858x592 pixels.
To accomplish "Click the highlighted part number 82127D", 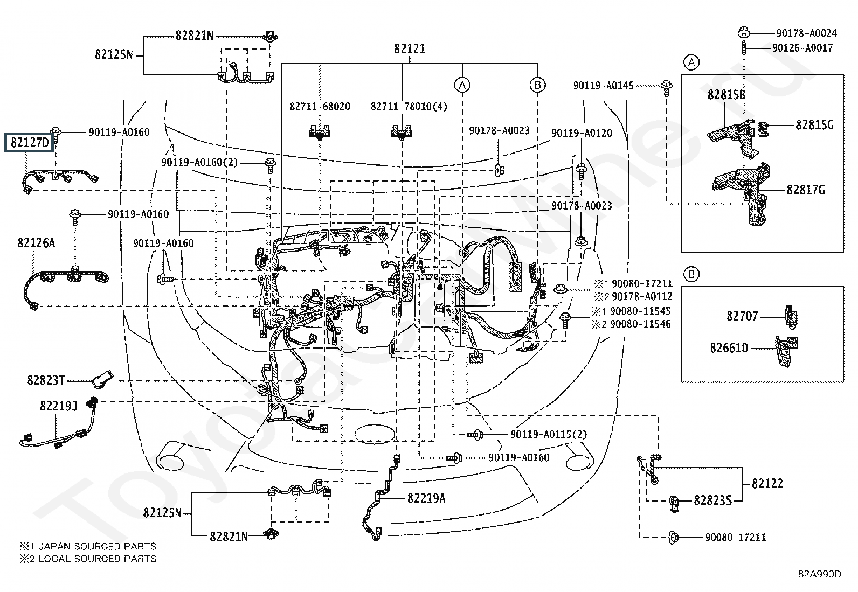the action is (x=30, y=142).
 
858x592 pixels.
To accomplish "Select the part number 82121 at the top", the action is (x=410, y=48).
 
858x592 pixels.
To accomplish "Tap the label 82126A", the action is (x=36, y=242).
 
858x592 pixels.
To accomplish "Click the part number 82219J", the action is (x=59, y=406).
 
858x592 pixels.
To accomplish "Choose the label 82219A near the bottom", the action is (x=426, y=498).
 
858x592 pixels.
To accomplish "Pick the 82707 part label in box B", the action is (x=742, y=316).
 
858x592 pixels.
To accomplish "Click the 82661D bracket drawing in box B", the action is (x=786, y=351).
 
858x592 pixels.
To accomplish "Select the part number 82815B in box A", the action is (x=726, y=94).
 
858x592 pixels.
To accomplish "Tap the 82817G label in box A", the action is (x=806, y=190).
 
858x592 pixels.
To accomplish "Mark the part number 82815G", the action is (x=814, y=125).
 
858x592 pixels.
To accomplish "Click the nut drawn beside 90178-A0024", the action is (x=743, y=32).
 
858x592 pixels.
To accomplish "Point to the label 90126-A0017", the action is (x=802, y=48).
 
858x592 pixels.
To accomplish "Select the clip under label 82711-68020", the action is (x=320, y=132).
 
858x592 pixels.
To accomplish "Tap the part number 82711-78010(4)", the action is (x=409, y=106).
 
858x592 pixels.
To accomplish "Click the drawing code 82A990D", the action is (x=820, y=574).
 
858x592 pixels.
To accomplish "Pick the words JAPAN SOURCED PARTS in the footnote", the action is (x=98, y=546).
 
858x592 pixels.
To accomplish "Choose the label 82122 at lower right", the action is (x=767, y=483).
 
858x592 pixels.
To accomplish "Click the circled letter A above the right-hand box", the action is (x=691, y=62).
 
